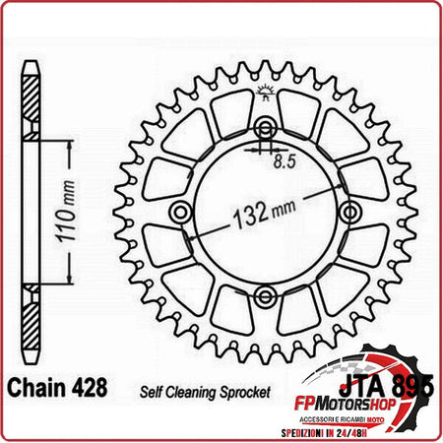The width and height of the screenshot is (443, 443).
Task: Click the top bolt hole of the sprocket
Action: click(x=264, y=129)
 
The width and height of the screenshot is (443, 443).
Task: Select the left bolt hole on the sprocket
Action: click(x=179, y=213)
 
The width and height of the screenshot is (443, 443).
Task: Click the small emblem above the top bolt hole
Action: click(x=264, y=95)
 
